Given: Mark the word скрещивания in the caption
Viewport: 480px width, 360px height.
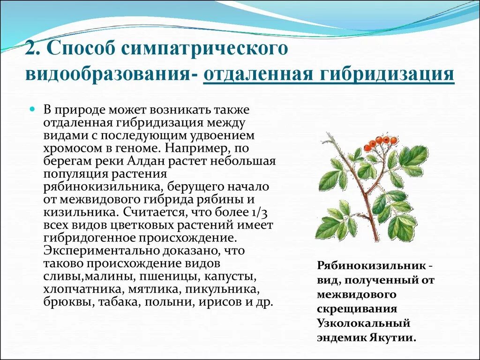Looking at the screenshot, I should [357, 309].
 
